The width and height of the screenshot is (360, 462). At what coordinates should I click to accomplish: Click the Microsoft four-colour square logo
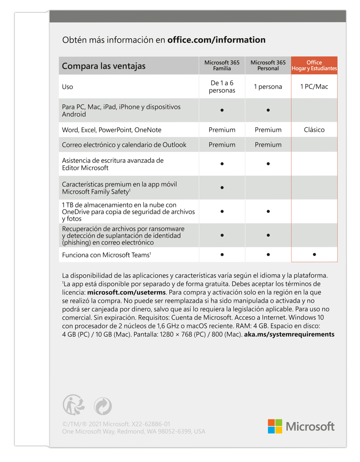coord(275,426)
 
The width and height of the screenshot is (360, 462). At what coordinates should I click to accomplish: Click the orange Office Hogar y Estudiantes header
coord(314,65)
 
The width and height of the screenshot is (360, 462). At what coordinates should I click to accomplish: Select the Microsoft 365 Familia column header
coord(222,65)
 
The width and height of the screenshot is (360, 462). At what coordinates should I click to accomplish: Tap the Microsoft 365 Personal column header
coord(268,65)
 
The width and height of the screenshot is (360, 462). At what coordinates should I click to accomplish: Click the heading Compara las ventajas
coord(104,66)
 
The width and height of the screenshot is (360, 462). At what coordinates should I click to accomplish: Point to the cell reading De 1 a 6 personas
coord(222,87)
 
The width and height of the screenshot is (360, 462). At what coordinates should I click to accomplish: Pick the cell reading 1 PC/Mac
coord(314,87)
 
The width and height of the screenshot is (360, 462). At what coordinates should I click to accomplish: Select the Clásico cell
coord(314,130)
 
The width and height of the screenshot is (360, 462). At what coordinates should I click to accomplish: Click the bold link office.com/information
coord(216,40)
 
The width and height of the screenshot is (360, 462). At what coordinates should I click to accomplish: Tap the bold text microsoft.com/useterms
coord(126,292)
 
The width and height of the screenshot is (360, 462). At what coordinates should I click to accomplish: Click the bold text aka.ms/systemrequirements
coord(289,334)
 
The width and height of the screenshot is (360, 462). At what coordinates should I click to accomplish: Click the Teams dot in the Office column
coord(314,255)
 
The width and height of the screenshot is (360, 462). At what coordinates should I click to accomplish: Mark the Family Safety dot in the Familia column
coord(222,188)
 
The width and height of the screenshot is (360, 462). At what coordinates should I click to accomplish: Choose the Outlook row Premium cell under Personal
coord(268,145)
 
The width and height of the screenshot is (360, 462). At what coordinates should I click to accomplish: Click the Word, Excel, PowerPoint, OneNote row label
coord(111,130)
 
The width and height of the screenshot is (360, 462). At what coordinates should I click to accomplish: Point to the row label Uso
coord(68,87)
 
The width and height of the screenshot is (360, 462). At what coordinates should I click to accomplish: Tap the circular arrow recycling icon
coord(103,406)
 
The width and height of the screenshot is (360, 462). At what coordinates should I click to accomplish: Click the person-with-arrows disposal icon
coord(74,405)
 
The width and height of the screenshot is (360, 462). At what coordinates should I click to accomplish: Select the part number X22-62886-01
coord(151,424)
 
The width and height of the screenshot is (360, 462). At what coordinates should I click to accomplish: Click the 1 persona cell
coord(268,87)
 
